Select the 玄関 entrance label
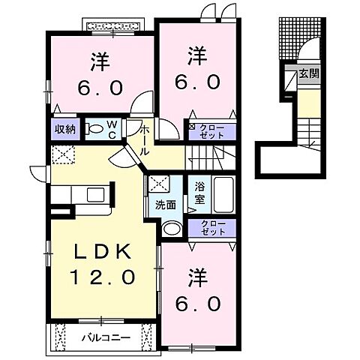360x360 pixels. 308,73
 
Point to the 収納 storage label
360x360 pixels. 64,128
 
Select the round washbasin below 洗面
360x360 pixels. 172,229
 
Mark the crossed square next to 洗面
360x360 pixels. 157,182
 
